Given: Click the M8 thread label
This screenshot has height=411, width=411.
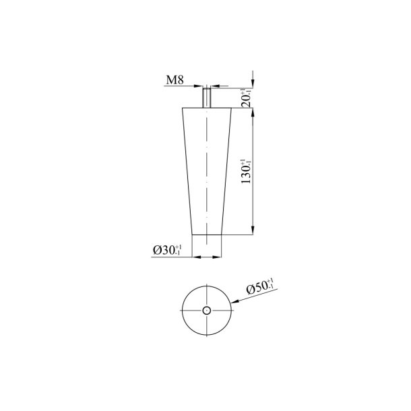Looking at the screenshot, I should (x=175, y=80).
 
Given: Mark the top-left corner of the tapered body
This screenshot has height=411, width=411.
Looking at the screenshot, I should (x=183, y=108).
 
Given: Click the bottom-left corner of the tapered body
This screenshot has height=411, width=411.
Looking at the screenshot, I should (x=193, y=234).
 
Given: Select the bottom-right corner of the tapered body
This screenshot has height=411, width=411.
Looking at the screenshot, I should (x=222, y=234).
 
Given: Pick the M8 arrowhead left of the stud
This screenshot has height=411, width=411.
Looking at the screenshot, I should (x=201, y=86).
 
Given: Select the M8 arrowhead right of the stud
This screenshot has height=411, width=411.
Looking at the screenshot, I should (x=215, y=86).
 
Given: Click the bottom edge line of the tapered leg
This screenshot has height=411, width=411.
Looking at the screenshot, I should (x=208, y=234).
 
